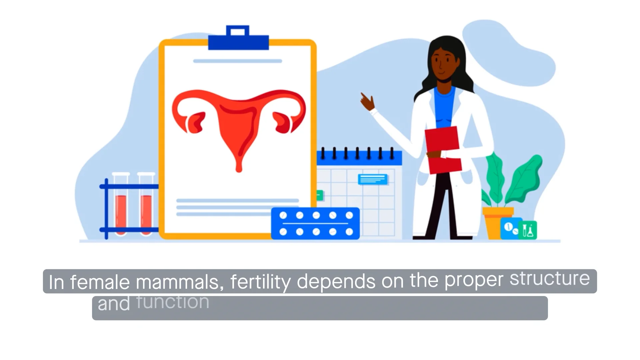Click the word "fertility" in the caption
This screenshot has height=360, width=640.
[x=260, y=282]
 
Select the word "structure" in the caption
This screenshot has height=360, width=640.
[x=549, y=279]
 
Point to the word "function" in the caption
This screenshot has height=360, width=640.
[x=173, y=302]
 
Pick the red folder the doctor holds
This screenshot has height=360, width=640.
[x=443, y=150]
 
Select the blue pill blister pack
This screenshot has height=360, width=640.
[x=315, y=223]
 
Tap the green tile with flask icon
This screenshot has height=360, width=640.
[x=528, y=230]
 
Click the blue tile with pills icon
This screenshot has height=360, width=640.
[x=510, y=228]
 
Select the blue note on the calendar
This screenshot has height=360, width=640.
[x=372, y=179]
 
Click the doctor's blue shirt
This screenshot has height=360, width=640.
[x=444, y=107]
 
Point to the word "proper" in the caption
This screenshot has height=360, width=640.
[x=474, y=280]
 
